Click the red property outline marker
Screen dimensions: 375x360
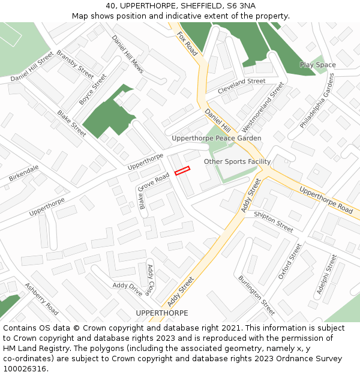182,171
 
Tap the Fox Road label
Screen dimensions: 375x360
187,44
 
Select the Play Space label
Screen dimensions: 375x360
317,65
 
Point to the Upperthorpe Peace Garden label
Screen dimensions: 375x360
216,139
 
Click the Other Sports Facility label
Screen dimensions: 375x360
237,161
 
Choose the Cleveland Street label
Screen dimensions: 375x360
241,81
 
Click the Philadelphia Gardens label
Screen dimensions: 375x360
316,106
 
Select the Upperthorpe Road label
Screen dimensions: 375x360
326,200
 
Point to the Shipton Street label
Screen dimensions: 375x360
273,221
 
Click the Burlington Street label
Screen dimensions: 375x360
256,295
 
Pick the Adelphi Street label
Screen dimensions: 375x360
326,278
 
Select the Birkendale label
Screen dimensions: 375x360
24,173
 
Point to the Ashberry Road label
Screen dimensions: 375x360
41,299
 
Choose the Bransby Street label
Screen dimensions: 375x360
75,64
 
